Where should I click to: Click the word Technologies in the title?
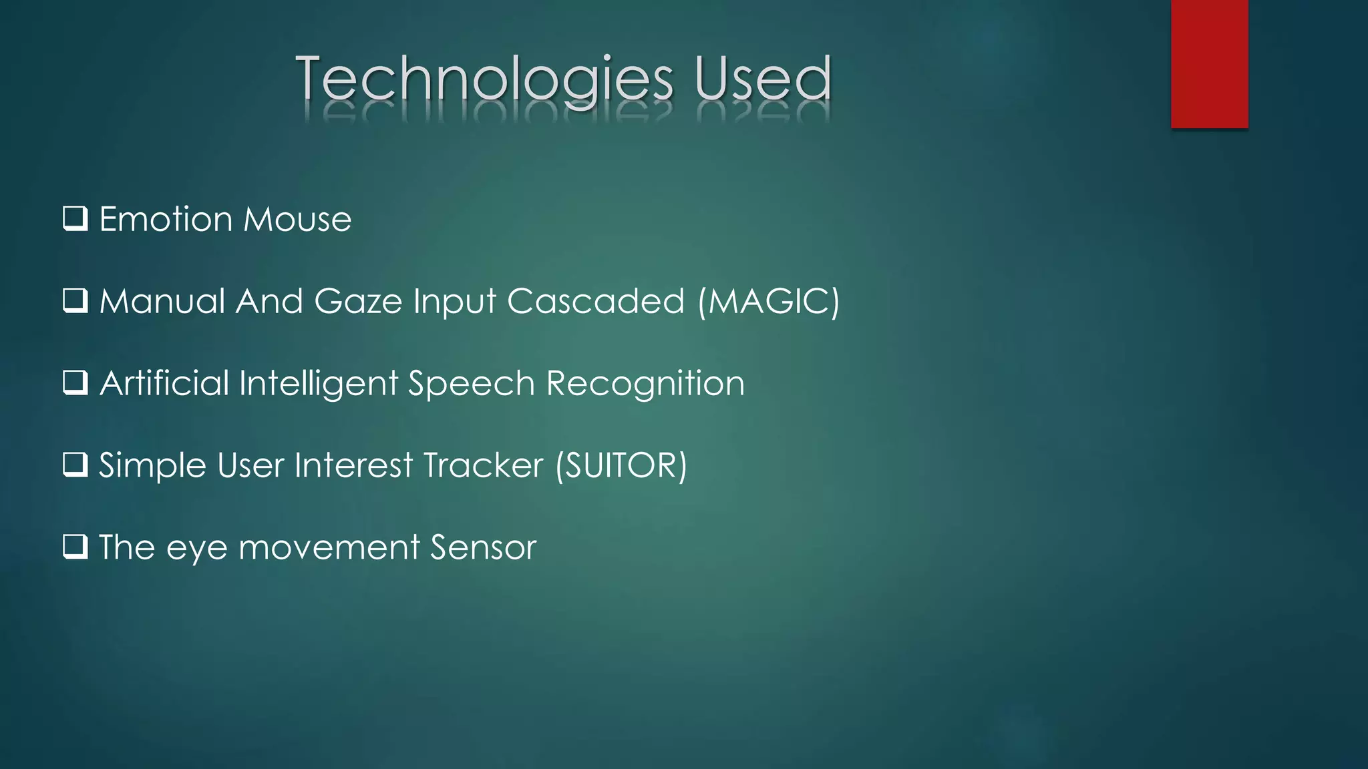pyautogui.click(x=484, y=80)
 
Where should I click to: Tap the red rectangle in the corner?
pyautogui.click(x=1209, y=64)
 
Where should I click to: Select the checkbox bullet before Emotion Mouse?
pyautogui.click(x=75, y=218)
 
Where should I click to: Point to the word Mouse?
pyautogui.click(x=297, y=220)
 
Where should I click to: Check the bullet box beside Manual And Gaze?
pyautogui.click(x=75, y=300)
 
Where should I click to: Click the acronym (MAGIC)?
pyautogui.click(x=768, y=301)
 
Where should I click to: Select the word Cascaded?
pyautogui.click(x=596, y=301)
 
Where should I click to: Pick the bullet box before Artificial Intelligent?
pyautogui.click(x=75, y=382)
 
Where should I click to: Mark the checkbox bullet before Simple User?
pyautogui.click(x=75, y=465)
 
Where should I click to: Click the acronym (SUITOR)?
pyautogui.click(x=621, y=466)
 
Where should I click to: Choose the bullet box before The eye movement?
pyautogui.click(x=75, y=547)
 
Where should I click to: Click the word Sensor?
pyautogui.click(x=483, y=547)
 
